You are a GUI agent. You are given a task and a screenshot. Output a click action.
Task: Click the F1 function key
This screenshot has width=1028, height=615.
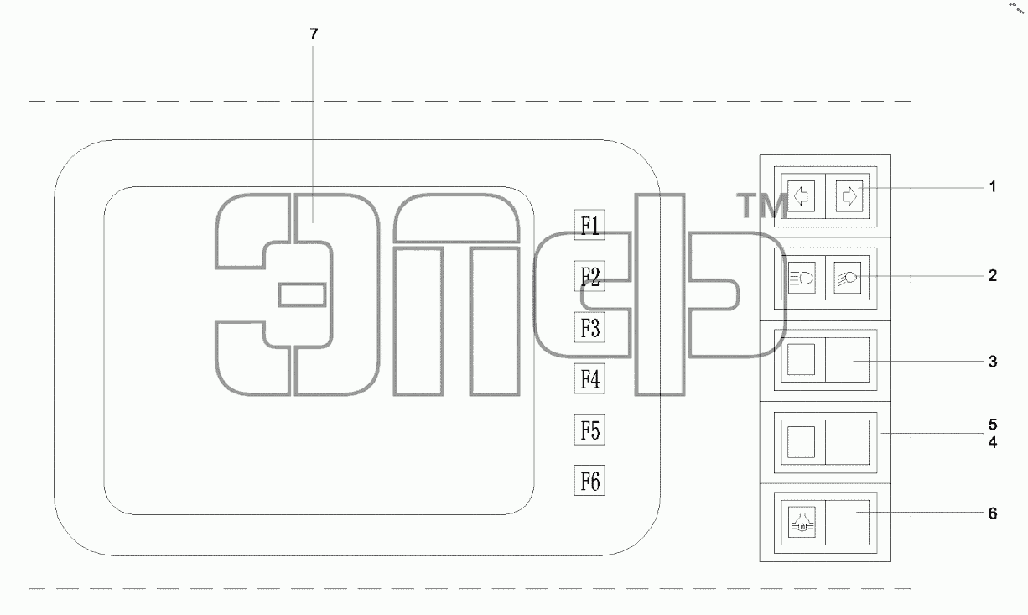pyautogui.click(x=589, y=225)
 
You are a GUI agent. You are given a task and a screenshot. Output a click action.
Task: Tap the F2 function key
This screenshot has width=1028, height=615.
pyautogui.click(x=589, y=276)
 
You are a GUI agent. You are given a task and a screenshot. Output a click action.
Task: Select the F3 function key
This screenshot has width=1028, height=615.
pyautogui.click(x=589, y=327)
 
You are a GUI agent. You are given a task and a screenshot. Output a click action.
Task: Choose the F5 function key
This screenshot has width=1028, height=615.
pyautogui.click(x=589, y=430)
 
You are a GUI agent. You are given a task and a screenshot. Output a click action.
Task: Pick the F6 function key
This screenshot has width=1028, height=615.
pyautogui.click(x=589, y=481)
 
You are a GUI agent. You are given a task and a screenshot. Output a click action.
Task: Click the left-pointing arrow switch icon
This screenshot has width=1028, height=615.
pyautogui.click(x=802, y=196)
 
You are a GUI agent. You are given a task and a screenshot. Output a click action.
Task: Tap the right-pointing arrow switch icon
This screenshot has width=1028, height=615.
pyautogui.click(x=849, y=196)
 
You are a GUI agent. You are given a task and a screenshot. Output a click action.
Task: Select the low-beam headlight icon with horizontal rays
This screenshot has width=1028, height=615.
pyautogui.click(x=802, y=278)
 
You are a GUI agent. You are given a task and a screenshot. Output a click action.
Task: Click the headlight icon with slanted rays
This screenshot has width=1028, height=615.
pyautogui.click(x=847, y=278)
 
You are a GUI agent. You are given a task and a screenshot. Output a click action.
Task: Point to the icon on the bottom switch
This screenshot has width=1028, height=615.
pyautogui.click(x=802, y=522)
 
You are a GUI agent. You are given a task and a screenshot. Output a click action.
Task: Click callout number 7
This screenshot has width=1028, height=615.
pyautogui.click(x=314, y=34)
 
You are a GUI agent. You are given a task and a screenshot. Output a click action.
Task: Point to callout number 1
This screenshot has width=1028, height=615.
pyautogui.click(x=993, y=187)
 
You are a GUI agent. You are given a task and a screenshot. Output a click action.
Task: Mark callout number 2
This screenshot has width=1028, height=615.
pyautogui.click(x=993, y=275)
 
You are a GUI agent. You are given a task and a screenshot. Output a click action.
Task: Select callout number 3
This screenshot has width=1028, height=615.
pyautogui.click(x=993, y=362)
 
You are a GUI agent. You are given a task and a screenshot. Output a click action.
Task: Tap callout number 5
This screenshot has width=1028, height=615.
pyautogui.click(x=993, y=424)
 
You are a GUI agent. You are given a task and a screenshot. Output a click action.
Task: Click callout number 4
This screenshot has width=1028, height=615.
pyautogui.click(x=993, y=442)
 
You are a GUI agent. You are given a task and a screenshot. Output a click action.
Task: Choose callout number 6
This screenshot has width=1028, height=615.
pyautogui.click(x=993, y=513)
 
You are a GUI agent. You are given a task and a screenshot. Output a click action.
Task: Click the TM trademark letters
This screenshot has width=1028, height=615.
pyautogui.click(x=762, y=206)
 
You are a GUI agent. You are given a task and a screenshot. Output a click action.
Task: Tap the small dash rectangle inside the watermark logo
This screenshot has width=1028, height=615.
pyautogui.click(x=303, y=294)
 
